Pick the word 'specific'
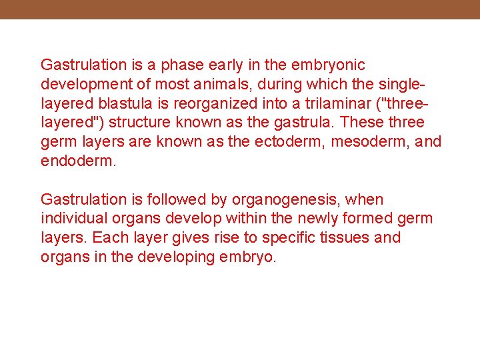pos(289,238)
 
